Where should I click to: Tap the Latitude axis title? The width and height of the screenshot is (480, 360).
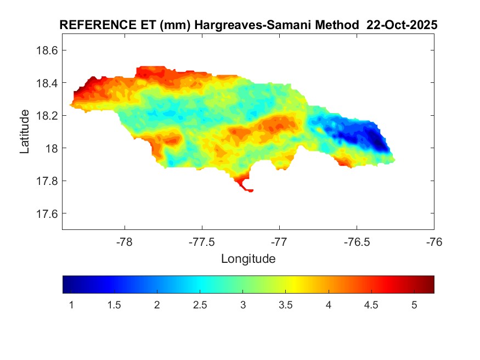(25, 132)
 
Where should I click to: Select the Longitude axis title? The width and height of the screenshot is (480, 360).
(248, 258)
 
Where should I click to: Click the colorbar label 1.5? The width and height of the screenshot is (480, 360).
(114, 305)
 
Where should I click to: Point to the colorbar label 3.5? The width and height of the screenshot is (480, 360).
(285, 305)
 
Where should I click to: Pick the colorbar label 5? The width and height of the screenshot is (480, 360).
(414, 305)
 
